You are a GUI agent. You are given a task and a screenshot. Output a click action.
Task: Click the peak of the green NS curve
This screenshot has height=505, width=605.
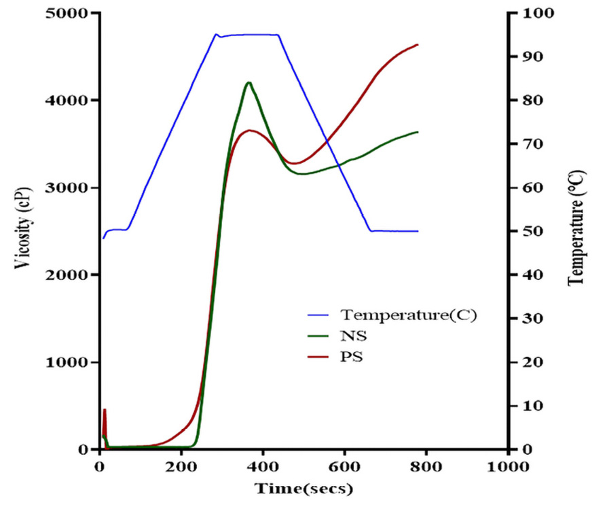249,83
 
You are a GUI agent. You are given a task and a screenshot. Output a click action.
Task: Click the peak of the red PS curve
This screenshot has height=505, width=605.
250,130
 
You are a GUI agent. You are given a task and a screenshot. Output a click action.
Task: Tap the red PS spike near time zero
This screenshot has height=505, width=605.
105,410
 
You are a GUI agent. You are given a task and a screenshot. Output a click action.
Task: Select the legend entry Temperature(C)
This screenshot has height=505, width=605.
407,315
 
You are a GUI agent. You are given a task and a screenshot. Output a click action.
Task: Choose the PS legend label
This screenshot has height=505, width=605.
352,355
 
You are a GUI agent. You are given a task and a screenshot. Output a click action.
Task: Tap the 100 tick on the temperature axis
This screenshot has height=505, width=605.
527,14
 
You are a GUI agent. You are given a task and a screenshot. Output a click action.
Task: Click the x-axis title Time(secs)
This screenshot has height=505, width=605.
304,488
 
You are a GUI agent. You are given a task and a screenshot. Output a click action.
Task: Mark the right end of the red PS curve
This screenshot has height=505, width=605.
418,45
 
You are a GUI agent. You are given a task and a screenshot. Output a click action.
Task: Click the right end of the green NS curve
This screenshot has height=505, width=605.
418,132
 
